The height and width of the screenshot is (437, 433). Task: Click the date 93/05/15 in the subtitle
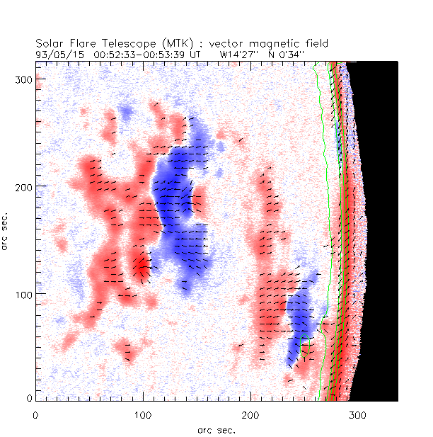point(55,53)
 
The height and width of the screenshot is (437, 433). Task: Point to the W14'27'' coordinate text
point(238,53)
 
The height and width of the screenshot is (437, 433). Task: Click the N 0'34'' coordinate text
point(280,53)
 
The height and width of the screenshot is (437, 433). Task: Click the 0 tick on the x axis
point(35,414)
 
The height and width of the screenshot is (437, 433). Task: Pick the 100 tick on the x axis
point(143,414)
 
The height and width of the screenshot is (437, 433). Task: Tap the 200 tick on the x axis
point(250,414)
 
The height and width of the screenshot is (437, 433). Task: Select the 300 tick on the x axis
point(357,414)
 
